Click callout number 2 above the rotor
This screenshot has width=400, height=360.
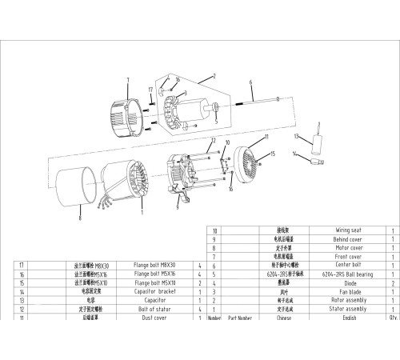click(x=214, y=75)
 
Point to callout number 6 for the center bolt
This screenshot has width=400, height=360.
click(x=250, y=83)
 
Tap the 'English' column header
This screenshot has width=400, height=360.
click(x=350, y=318)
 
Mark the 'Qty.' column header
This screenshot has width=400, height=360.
click(x=393, y=318)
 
